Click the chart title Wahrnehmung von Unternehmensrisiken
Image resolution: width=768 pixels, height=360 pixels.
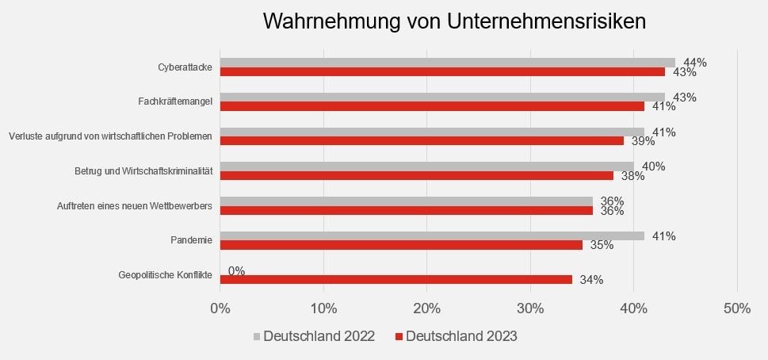coord(454,21)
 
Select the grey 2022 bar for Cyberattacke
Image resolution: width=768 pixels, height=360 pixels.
coord(447,63)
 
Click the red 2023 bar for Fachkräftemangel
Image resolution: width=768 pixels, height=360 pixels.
coord(432,106)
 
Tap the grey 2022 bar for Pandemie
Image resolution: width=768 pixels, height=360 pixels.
coord(432,236)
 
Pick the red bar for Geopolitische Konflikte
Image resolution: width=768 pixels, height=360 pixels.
coord(395,279)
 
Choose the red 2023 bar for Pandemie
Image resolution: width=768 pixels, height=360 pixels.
coord(401,245)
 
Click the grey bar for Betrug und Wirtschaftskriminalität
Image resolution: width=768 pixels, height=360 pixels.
coord(426,167)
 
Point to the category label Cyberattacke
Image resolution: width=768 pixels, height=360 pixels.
coord(185,67)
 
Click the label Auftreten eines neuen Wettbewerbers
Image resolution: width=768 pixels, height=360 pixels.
coord(135,206)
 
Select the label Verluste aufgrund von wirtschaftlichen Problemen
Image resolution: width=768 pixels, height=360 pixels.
coord(110,136)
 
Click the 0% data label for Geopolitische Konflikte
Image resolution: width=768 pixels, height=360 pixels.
coord(236,271)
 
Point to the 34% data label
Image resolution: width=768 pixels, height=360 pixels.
coord(591,280)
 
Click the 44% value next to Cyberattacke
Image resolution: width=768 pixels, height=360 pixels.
coord(694,63)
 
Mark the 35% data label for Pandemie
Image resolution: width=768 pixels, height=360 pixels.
coord(602,245)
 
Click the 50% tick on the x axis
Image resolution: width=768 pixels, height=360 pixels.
coord(737,308)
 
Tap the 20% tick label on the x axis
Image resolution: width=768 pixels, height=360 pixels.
coord(427,308)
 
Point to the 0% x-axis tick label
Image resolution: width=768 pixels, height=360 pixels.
coord(220,308)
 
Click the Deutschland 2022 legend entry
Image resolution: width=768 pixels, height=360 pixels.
coord(314,336)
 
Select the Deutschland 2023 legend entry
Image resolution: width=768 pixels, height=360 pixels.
coord(456,336)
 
